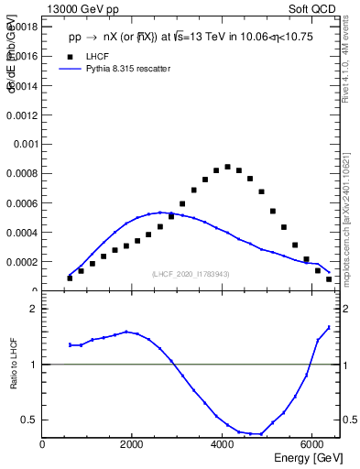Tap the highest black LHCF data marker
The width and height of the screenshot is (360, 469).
pyautogui.click(x=227, y=167)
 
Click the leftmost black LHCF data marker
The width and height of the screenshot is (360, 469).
pyautogui.click(x=70, y=278)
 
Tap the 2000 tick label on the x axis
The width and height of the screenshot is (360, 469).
pyautogui.click(x=133, y=445)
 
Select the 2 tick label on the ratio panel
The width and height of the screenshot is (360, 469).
pyautogui.click(x=33, y=310)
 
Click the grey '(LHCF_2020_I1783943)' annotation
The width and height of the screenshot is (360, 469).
pyautogui.click(x=190, y=274)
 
